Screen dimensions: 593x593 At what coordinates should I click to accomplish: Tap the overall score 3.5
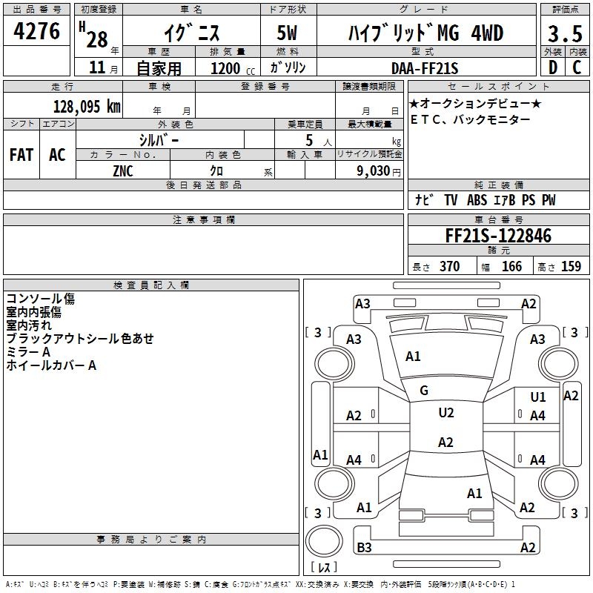coord(564,34)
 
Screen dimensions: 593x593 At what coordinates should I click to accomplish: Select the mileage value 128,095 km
coord(87,106)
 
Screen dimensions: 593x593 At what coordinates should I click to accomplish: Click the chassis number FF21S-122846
coord(498,236)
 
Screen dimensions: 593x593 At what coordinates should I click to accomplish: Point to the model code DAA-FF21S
coord(425,68)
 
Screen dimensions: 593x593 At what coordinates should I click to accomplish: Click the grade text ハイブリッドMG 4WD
coord(425,33)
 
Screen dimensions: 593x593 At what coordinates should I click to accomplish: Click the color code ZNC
coord(123,170)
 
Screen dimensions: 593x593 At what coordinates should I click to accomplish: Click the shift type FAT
coord(21,155)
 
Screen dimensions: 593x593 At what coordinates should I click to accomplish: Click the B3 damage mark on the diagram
coord(364,548)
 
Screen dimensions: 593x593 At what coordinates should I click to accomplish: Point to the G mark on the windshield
coord(424,391)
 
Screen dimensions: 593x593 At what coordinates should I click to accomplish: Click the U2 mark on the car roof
coord(445,413)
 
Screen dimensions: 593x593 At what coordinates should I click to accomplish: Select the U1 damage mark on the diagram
coord(538,397)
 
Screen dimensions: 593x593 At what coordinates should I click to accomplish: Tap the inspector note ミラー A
coord(28,352)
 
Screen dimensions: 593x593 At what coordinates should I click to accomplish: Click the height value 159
coord(571,267)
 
